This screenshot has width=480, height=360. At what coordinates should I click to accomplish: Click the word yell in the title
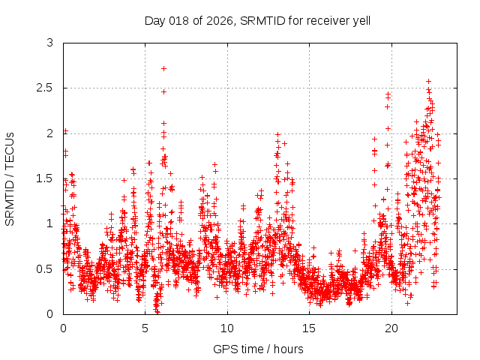[359, 20]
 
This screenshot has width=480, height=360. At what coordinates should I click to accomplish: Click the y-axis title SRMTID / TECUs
[10, 179]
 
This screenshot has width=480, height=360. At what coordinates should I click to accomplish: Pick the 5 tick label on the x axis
[145, 328]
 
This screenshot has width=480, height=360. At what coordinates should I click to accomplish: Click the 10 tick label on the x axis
[227, 328]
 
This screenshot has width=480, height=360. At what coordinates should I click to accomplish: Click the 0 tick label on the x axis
[63, 328]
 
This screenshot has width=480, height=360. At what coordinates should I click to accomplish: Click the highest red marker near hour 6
[163, 68]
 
